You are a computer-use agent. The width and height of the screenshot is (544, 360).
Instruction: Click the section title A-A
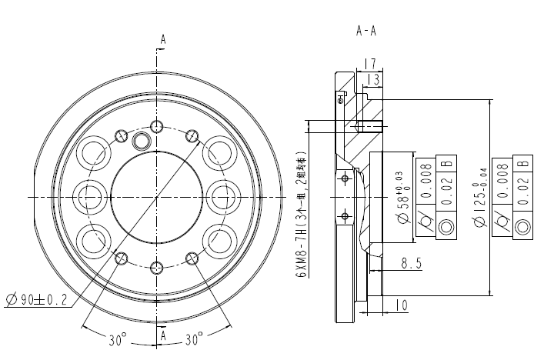coord(366,32)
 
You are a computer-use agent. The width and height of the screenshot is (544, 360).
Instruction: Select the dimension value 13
coord(374,78)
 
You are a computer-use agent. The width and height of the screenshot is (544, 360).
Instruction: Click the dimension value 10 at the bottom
coord(401,305)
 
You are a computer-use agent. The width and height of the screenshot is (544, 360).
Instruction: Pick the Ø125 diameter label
coord(481,198)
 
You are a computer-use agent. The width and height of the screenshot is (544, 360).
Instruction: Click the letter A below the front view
coord(162,336)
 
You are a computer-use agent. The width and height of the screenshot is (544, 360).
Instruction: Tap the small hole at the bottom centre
coord(157,268)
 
